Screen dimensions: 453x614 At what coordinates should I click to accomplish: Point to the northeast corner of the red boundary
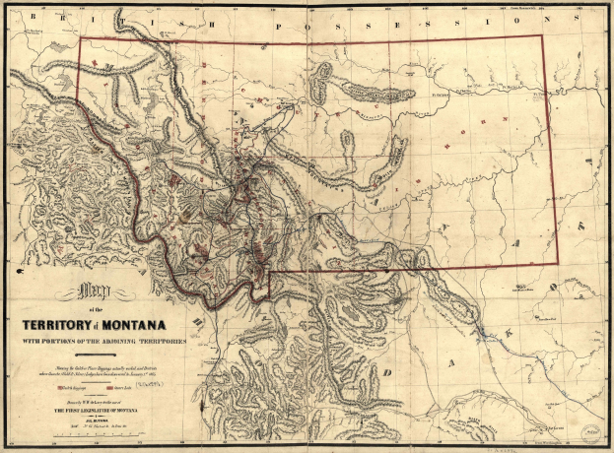543,36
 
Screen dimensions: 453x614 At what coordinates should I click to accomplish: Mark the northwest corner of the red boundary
80,39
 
